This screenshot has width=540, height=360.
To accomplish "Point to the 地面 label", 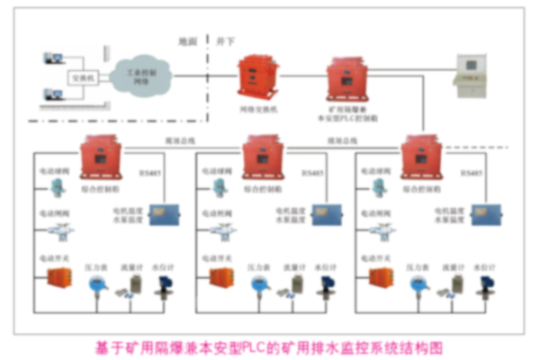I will coord(187,41).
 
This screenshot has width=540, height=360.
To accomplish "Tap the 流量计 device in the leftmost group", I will coord(133,286).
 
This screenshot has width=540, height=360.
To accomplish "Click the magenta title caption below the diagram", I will coord(270,346).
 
